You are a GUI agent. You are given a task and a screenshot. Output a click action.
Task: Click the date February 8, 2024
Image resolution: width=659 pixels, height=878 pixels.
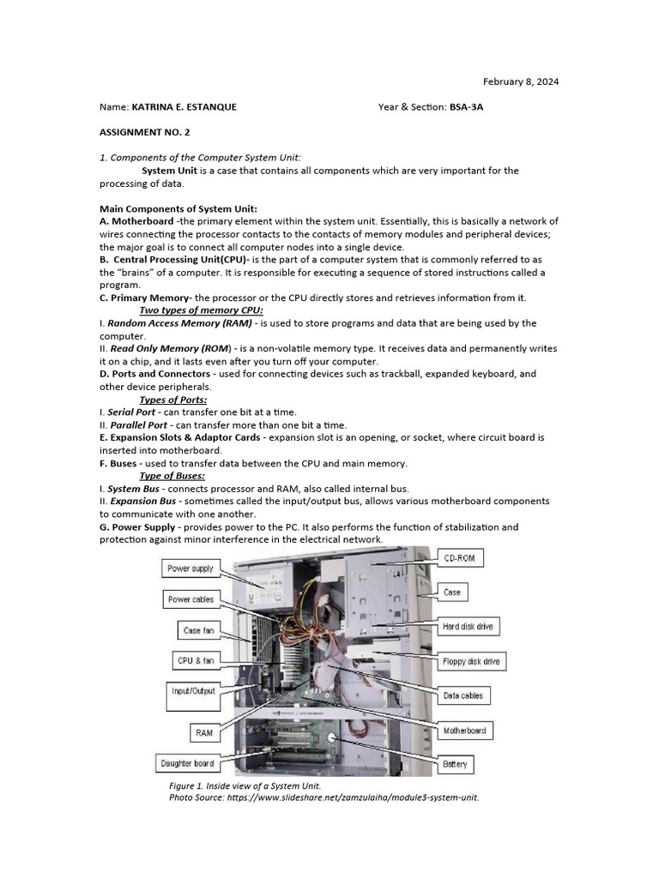(x=521, y=81)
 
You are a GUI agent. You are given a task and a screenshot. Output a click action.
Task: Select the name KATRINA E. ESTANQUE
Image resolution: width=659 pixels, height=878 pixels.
(x=184, y=107)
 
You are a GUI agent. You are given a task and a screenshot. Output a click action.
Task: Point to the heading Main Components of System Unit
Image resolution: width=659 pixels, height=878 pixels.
(x=178, y=208)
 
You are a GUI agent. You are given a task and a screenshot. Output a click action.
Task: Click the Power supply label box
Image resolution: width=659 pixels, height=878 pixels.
(x=190, y=568)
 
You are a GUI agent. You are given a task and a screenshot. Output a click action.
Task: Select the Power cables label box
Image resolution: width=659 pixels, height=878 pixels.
(x=190, y=599)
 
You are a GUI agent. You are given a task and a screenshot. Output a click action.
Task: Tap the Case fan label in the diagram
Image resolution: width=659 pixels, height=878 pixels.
(x=198, y=630)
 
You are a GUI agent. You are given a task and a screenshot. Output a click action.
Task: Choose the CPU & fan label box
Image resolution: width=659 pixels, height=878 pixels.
(x=196, y=660)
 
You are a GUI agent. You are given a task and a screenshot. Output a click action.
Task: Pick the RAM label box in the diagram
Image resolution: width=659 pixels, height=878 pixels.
(x=203, y=733)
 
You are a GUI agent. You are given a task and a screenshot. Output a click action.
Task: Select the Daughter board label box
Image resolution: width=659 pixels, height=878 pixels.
(x=187, y=763)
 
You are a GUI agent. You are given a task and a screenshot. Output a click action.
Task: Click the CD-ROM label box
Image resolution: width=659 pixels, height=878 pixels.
(x=464, y=558)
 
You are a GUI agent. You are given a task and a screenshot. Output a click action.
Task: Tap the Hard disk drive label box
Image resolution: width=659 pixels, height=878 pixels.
(x=468, y=627)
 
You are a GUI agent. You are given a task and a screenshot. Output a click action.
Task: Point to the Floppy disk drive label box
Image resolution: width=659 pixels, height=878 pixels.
(x=471, y=661)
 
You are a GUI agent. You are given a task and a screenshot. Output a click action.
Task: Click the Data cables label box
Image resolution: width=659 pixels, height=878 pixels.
(x=463, y=695)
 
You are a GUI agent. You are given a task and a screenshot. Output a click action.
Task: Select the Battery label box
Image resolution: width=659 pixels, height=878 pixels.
(x=454, y=764)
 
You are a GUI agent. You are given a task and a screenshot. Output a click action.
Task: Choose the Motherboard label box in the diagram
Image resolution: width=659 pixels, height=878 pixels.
(x=464, y=731)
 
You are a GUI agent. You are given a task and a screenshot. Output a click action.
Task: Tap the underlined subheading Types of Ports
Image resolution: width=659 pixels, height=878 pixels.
(x=172, y=400)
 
